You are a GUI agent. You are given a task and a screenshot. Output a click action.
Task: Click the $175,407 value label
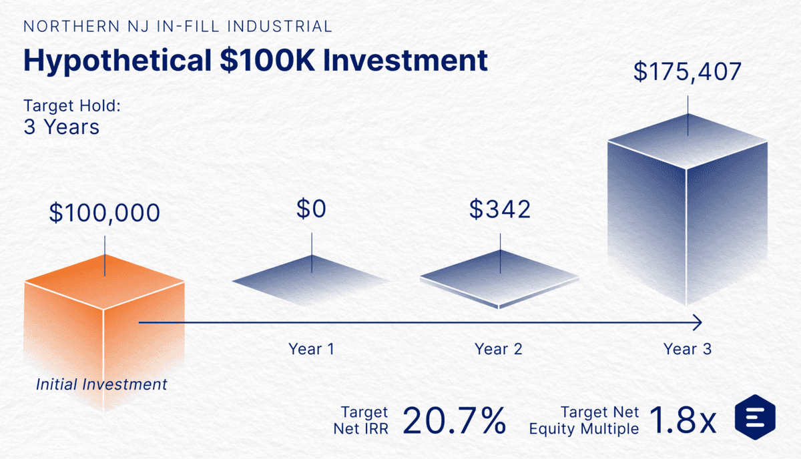(x=687, y=72)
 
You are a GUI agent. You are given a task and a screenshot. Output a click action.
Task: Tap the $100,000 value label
(x=105, y=213)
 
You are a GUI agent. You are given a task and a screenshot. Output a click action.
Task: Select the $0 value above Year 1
(x=311, y=209)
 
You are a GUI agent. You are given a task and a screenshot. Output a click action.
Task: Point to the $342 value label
(x=500, y=209)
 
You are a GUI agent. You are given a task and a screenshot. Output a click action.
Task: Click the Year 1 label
(x=311, y=349)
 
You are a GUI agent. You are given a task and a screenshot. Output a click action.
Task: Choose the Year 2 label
(x=499, y=349)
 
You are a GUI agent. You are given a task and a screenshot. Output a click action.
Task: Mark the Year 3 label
(x=688, y=349)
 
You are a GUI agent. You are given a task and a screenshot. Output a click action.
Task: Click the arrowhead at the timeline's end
(x=698, y=323)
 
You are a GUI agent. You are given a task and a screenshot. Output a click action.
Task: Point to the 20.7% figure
(x=454, y=420)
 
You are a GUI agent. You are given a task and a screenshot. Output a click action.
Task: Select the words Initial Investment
(x=101, y=384)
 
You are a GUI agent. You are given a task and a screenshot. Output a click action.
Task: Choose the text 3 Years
(x=61, y=127)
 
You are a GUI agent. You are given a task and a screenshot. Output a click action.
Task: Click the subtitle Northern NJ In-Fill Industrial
(x=178, y=27)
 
